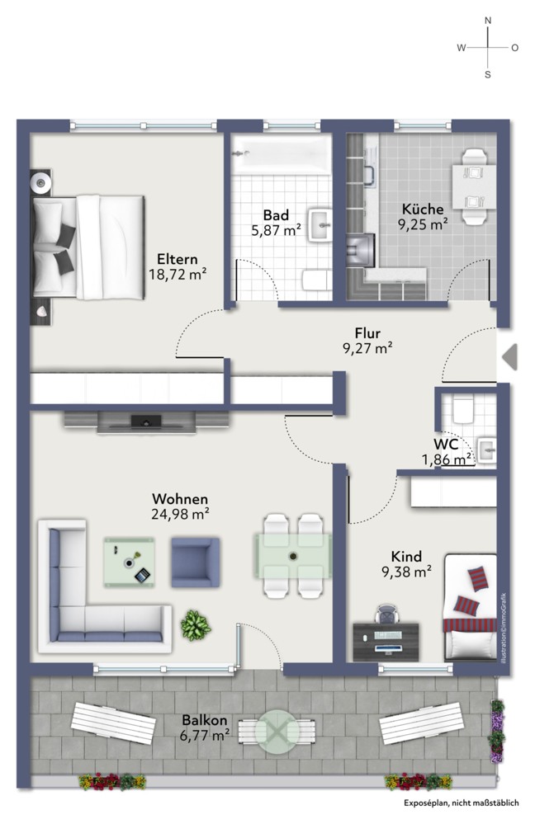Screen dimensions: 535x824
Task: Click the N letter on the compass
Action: coord(488,21)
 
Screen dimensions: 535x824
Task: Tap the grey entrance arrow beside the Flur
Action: coord(509,357)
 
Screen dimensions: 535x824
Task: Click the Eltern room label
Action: coord(178,259)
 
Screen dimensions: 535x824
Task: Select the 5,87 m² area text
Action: coord(276,230)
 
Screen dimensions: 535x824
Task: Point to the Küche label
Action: coord(423,209)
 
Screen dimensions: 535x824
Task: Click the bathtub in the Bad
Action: coord(282,154)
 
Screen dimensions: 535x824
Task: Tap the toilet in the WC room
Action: coord(463,410)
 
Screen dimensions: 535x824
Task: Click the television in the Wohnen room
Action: coord(146,421)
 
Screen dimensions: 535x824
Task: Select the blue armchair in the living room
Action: coord(195,563)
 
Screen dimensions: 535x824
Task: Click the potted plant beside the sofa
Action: coord(196,625)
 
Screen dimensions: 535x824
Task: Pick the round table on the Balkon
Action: coord(277,732)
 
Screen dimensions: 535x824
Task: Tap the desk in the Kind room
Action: coord(386,642)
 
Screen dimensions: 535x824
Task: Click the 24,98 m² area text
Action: coord(180,513)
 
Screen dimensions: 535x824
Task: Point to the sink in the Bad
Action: coord(320,225)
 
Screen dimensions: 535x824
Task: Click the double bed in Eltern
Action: coord(88,247)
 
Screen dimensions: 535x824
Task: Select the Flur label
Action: coord(367,332)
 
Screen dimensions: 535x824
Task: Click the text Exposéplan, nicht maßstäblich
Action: coord(462,803)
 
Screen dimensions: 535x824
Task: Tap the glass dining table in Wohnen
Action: coord(293,556)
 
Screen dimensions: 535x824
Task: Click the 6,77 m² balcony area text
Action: coord(205,735)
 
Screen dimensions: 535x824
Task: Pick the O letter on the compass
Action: coord(515,48)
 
